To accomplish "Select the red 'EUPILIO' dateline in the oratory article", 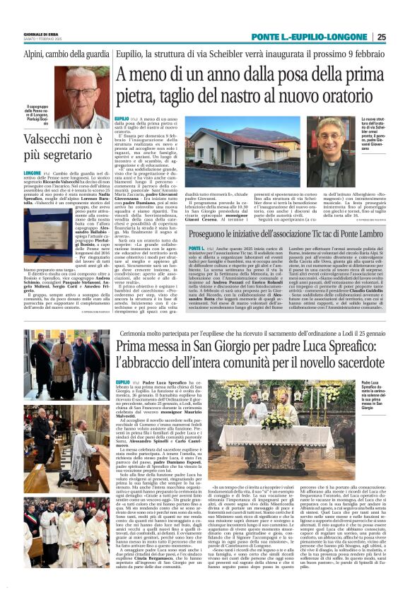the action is [x=122, y=118].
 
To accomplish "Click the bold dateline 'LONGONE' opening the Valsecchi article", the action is [x=33, y=172].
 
